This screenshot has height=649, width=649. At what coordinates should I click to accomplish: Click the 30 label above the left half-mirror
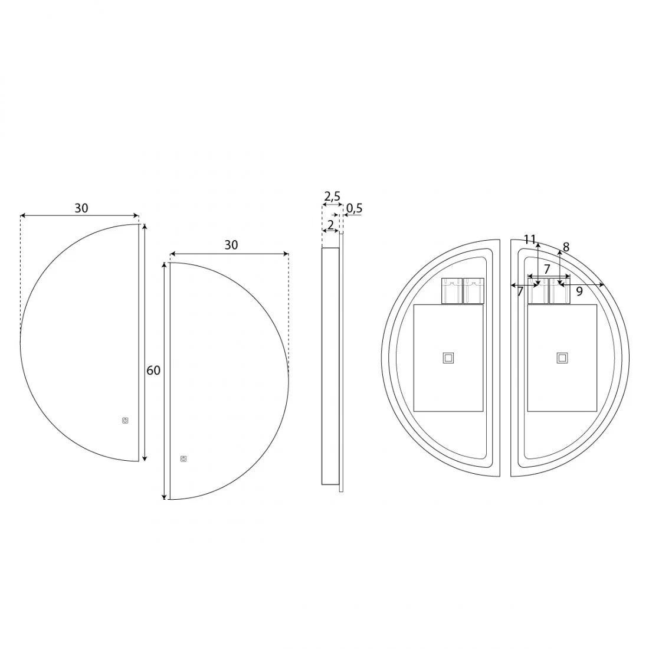[81, 208]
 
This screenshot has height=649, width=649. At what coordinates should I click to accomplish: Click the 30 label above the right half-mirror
[231, 245]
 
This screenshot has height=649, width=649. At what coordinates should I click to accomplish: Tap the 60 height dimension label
[153, 371]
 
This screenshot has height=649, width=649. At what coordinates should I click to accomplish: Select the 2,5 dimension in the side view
[332, 196]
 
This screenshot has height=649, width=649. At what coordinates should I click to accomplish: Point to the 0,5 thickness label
[354, 208]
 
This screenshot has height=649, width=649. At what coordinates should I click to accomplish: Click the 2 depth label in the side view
[330, 225]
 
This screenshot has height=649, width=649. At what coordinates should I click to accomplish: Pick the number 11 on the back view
[530, 239]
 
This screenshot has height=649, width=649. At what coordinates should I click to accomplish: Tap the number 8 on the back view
[566, 247]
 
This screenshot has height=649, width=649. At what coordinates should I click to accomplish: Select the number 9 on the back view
[579, 291]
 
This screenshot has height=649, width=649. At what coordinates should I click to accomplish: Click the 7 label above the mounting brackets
[547, 269]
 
